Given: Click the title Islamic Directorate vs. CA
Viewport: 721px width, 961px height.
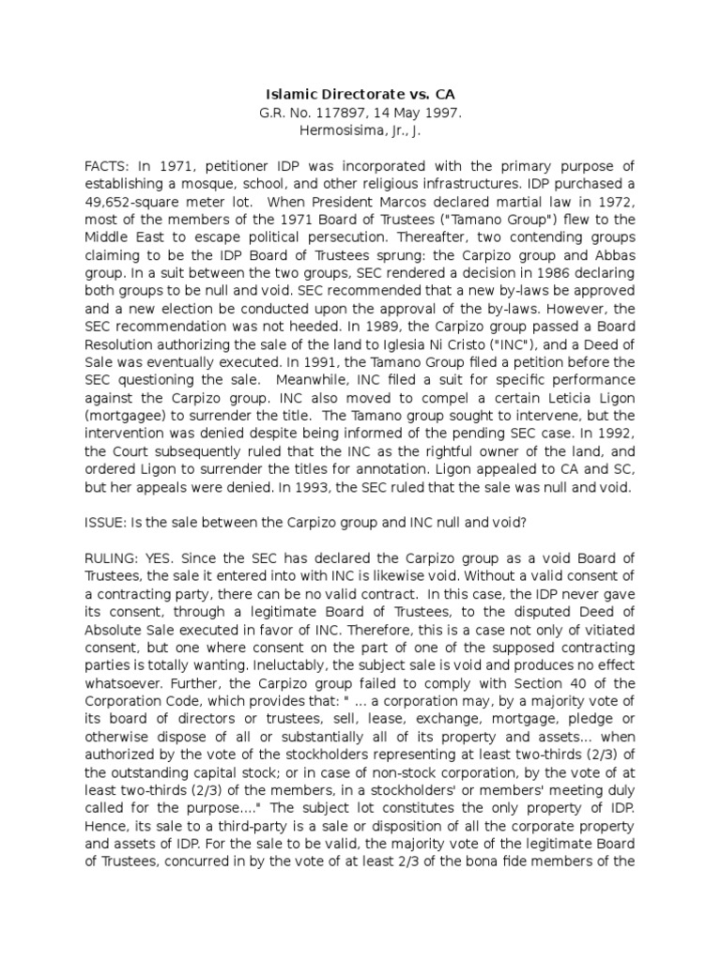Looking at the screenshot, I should tap(360, 95).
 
